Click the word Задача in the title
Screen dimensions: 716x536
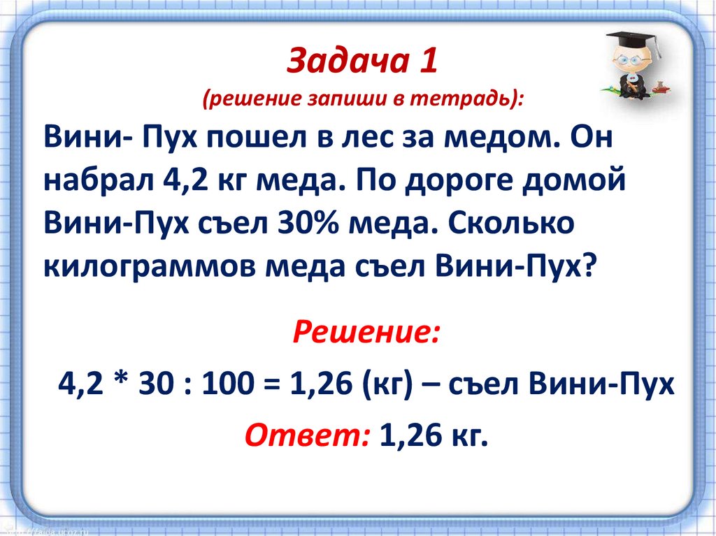click(x=348, y=60)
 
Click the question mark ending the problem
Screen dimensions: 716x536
click(x=589, y=265)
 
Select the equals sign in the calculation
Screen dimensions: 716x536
click(x=273, y=384)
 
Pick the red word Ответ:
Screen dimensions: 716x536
click(x=308, y=435)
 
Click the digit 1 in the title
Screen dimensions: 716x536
click(x=429, y=60)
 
